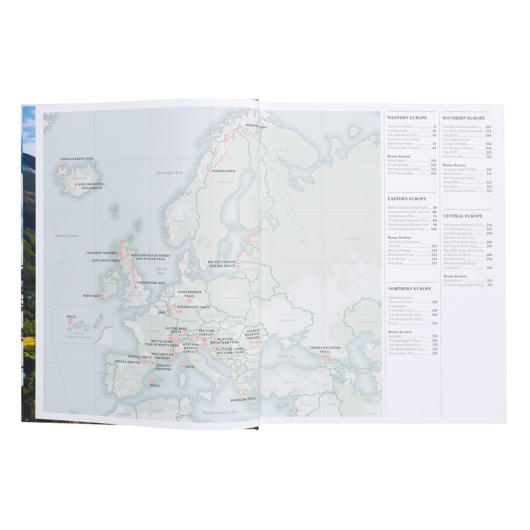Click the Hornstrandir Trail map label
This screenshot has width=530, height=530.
77,159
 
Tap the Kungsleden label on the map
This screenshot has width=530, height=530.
224,171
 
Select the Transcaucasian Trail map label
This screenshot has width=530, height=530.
324,350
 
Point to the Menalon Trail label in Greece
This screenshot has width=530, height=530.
243,399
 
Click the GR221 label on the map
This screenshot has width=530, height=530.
156,386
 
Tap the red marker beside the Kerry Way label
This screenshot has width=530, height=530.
103,296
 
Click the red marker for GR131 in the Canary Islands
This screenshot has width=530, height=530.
71,322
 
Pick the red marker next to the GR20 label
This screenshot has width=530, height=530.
183,366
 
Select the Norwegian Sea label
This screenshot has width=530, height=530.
169,173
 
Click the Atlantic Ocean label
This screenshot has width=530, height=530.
67,236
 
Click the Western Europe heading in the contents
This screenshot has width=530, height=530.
407,118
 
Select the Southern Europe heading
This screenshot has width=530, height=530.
463,118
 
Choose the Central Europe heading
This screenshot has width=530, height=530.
462,216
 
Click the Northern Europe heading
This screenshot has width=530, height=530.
409,289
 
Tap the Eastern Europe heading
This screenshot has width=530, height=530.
407,199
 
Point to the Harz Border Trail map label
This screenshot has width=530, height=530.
189,294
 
